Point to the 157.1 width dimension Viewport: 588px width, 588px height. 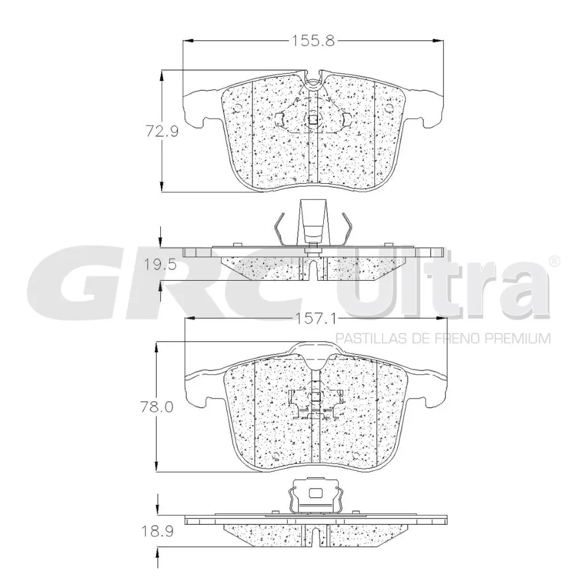(315, 318)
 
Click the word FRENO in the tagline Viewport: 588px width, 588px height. (460, 338)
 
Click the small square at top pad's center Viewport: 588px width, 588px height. (313, 120)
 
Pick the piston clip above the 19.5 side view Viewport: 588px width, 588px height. (312, 225)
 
